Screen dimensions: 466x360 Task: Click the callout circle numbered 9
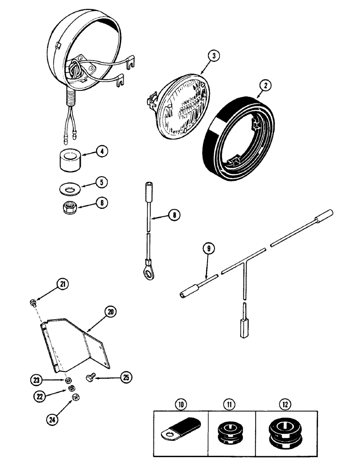click(209, 249)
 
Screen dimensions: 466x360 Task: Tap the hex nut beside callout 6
click(70, 208)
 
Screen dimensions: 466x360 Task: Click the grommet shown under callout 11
click(231, 439)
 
